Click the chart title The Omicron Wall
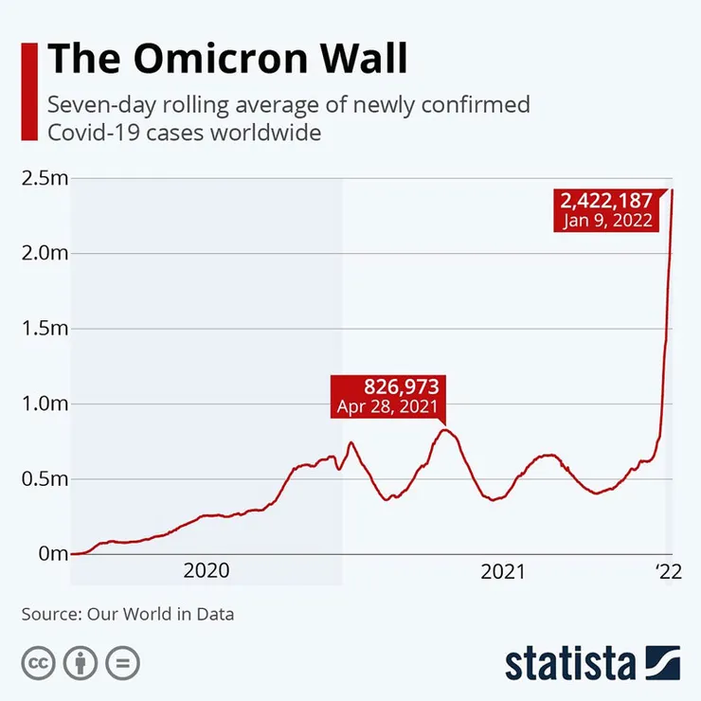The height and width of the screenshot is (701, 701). click(x=227, y=59)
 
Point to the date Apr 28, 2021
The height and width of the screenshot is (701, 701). click(x=388, y=407)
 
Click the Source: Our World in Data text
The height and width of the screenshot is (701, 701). click(x=128, y=614)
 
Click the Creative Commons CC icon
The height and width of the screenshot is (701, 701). click(x=39, y=662)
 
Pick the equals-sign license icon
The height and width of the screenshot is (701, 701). click(x=122, y=662)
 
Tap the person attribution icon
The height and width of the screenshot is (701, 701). click(x=81, y=662)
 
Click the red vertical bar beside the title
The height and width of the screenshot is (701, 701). click(x=28, y=91)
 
